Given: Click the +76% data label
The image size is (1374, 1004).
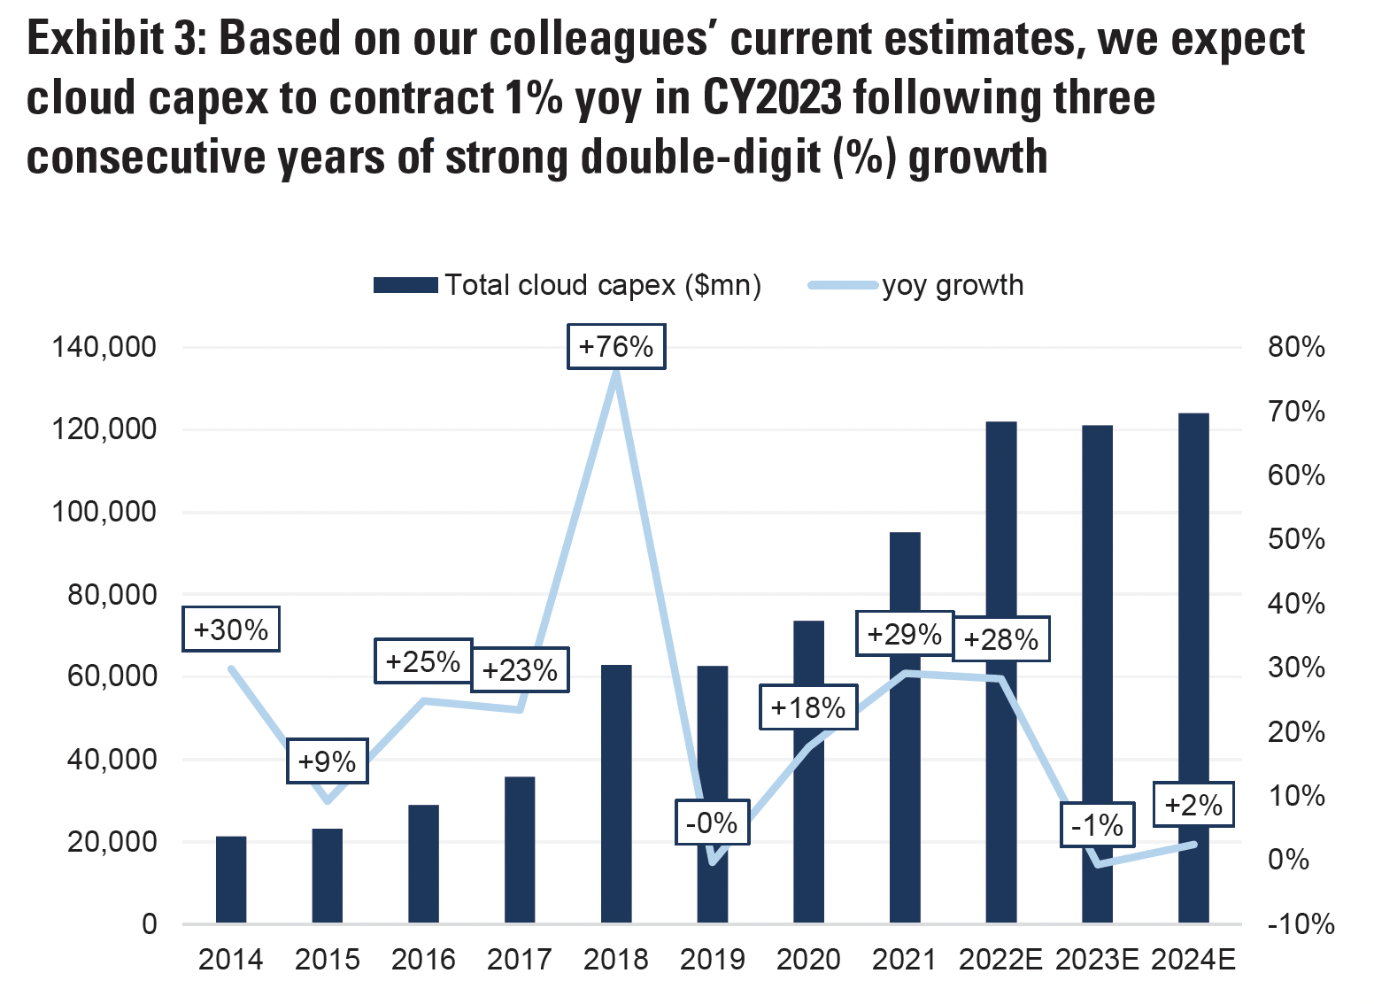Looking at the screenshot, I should pos(616,346).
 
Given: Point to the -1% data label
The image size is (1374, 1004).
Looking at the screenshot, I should pos(1097,825).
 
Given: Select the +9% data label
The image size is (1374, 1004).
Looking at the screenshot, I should pos(328,761).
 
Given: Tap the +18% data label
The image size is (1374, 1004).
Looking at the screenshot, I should pos(808,707).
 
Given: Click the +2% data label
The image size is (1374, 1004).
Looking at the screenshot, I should pos(1193,805).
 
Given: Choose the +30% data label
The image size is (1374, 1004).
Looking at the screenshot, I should pos(231,629).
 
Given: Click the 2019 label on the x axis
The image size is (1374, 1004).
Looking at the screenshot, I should pos(713,960).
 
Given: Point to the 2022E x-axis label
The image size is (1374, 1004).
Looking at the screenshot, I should pos(1000,960).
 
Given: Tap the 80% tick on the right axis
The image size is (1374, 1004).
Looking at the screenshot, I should pos(1296,347).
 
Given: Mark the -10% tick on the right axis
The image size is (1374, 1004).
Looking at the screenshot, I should pos(1301,924).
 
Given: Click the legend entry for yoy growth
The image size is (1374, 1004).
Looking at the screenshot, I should pos(952,285).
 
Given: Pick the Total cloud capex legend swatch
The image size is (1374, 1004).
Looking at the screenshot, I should pos(405,285).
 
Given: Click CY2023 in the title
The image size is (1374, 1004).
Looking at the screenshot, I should pos(772,97).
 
